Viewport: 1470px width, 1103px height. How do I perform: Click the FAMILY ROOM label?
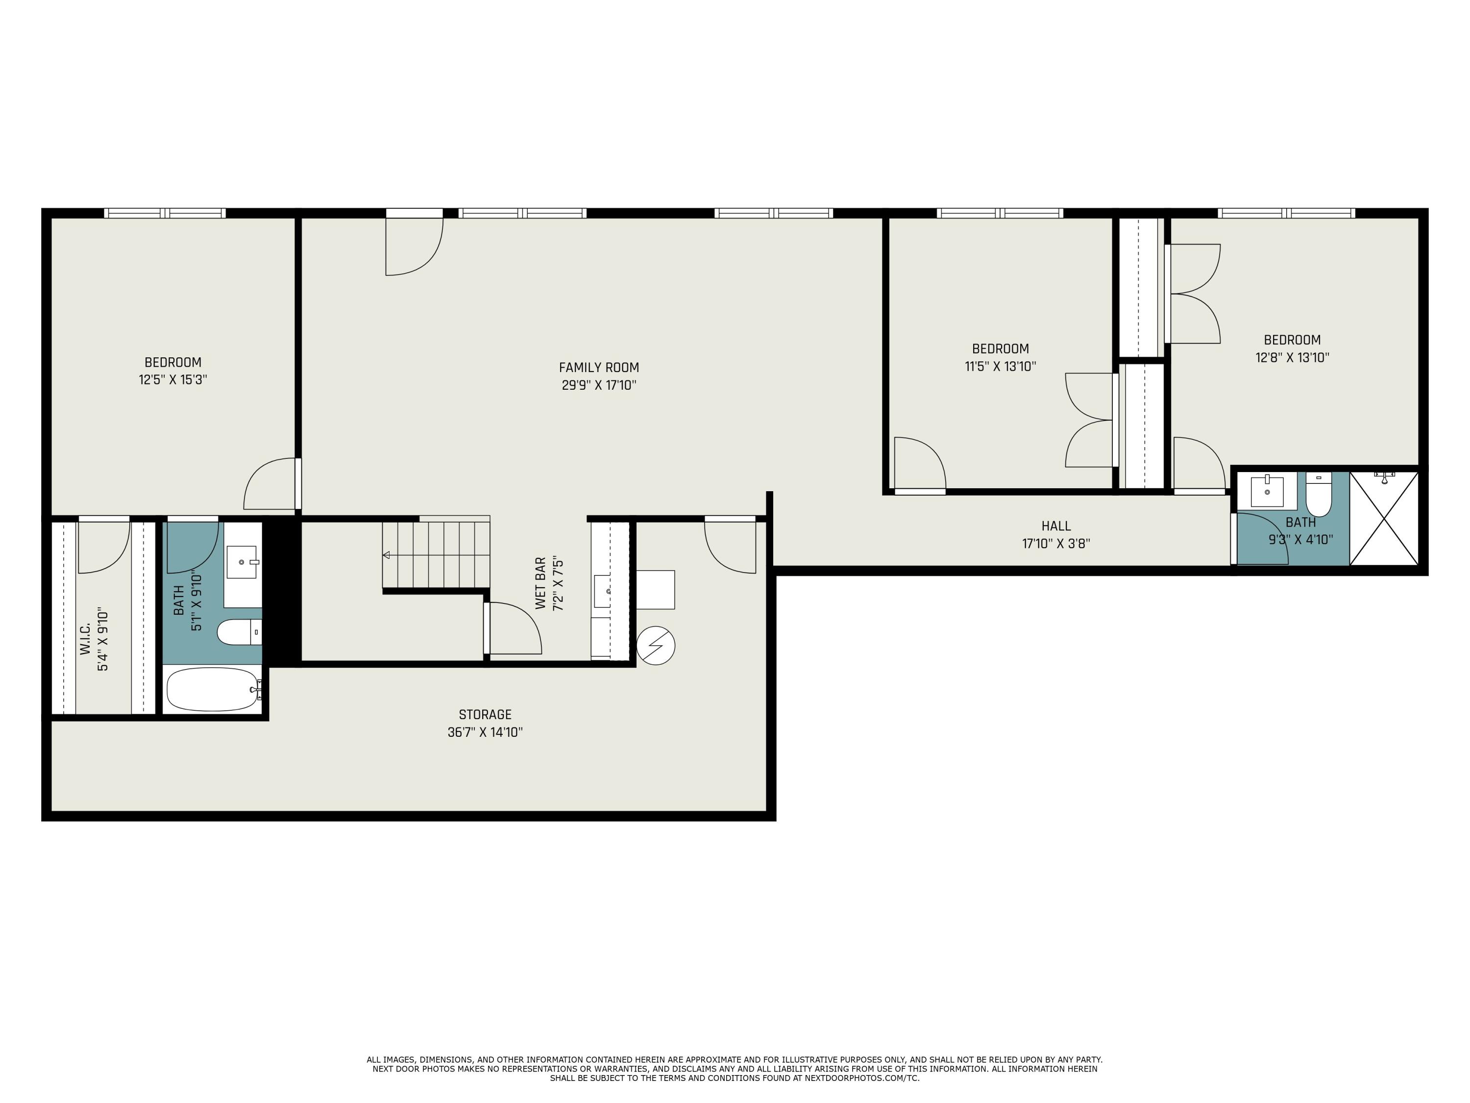coord(598,367)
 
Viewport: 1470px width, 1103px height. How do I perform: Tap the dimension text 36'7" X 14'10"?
coord(485,732)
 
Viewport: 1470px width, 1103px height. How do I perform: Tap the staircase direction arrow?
coord(386,554)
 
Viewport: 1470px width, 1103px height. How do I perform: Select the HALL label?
coord(1055,526)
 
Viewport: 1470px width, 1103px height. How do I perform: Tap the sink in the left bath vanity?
coord(241,562)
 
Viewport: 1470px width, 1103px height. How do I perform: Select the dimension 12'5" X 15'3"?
coord(173,379)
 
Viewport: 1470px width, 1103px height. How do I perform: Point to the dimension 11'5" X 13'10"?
coord(1000,366)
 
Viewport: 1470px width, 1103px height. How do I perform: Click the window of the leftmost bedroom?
coord(165,213)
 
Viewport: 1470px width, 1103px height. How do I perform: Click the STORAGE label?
coord(485,715)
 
